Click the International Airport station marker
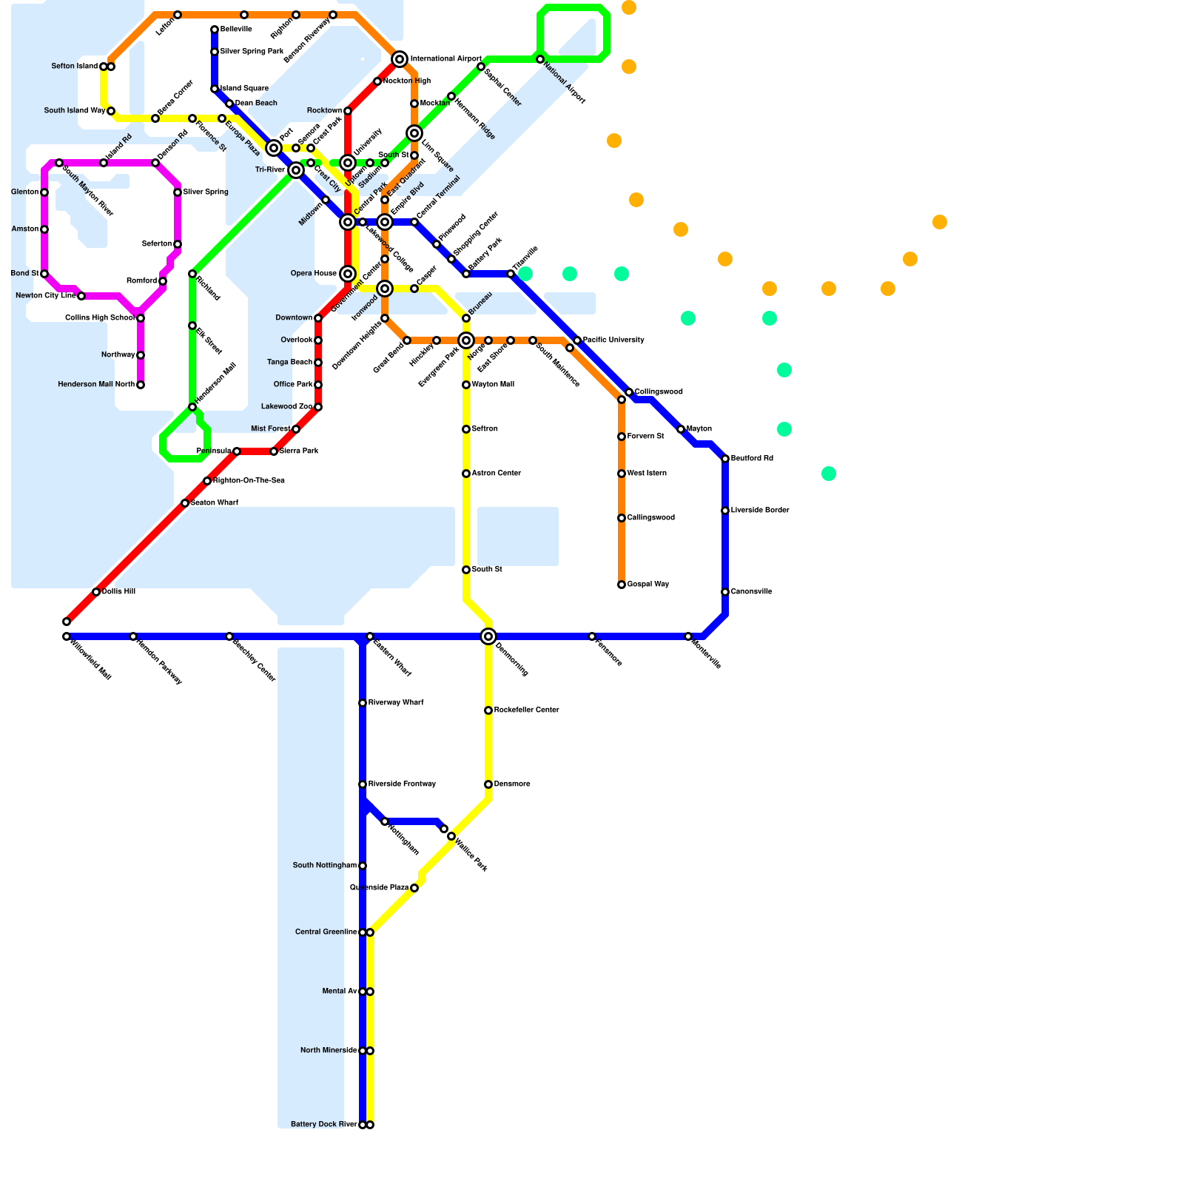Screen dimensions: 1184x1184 pos(400,59)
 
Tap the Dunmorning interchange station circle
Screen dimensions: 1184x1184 pos(488,636)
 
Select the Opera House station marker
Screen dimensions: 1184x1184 pos(348,274)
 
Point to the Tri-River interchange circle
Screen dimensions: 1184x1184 pos(296,170)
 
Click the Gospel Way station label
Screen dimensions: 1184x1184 pos(648,585)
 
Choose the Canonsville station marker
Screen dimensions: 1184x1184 pos(725,592)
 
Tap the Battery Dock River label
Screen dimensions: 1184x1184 pos(324,1125)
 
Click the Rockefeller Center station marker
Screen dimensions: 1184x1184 pos(488,710)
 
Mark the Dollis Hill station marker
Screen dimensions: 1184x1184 pos(96,592)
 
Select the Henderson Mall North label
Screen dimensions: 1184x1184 pos(96,385)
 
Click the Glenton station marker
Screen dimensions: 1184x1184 pos(44,192)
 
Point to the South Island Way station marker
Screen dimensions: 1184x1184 pos(111,111)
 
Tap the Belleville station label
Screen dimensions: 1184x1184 pos(236,30)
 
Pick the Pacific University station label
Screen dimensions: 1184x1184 pos(613,340)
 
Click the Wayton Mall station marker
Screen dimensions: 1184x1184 pos(466,385)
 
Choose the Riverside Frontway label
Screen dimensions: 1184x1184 pos(402,784)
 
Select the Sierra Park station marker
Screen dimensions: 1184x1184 pos(274,451)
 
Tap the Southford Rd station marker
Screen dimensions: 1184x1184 pos(725,459)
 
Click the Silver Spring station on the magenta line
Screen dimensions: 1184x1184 pos(178,192)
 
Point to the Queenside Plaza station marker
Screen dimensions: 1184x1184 pos(414,888)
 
